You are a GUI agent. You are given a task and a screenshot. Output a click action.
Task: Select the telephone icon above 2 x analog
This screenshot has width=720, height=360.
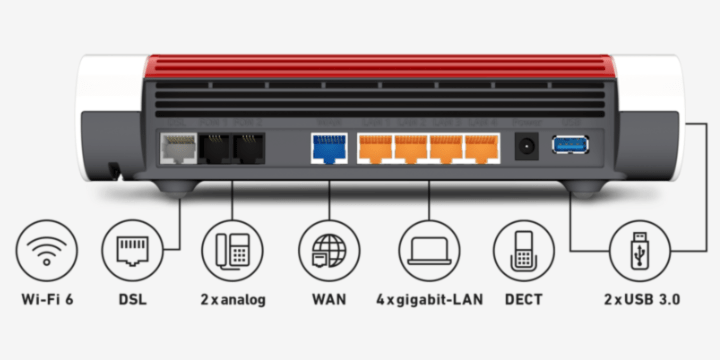(231, 249)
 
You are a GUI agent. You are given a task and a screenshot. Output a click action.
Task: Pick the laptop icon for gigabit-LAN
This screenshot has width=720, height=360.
(427, 249)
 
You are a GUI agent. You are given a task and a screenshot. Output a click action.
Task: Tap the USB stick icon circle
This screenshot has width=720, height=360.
(641, 249)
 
